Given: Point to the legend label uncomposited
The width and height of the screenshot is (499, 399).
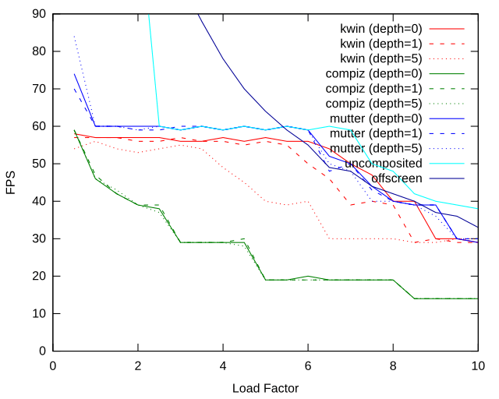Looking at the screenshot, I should point(384,163).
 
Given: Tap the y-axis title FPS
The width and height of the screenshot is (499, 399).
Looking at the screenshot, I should point(11,188).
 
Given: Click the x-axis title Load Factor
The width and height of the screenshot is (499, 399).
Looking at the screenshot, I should point(265,387).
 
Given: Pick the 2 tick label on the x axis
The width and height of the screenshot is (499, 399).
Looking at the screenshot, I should point(138,365).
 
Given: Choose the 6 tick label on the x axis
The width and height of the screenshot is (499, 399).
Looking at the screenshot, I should point(308,365).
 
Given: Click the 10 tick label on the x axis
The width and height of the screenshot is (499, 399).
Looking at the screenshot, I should point(478,365).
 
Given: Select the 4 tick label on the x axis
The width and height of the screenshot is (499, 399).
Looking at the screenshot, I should point(223,365).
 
